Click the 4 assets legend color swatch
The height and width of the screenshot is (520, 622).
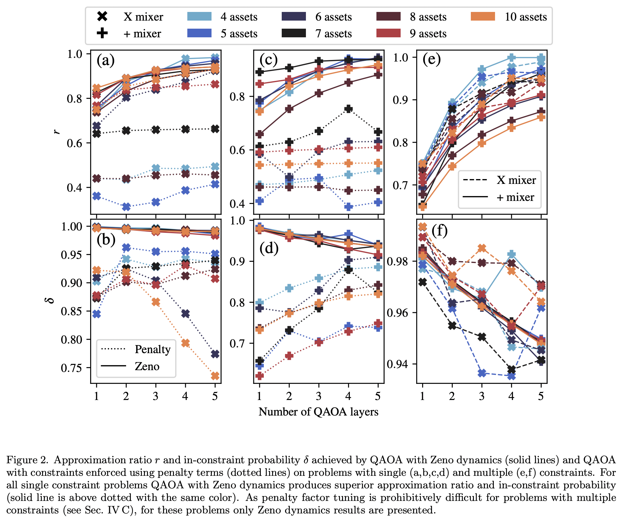click(x=199, y=16)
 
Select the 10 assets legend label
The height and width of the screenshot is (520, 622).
click(x=526, y=17)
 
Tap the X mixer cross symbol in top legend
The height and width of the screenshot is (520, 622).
click(x=102, y=16)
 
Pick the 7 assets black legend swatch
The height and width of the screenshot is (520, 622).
click(x=294, y=33)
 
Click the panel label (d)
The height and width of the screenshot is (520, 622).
click(x=269, y=248)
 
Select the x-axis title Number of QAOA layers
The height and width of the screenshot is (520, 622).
click(x=318, y=412)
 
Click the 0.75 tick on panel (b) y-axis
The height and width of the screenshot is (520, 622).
click(x=71, y=368)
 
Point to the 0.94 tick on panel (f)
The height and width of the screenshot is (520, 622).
click(x=397, y=364)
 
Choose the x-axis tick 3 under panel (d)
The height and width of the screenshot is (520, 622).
click(x=318, y=396)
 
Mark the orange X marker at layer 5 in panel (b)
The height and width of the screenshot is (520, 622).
click(x=215, y=376)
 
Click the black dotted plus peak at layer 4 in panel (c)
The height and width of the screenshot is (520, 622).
click(x=348, y=109)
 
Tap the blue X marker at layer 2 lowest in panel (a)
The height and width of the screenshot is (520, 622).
click(x=126, y=207)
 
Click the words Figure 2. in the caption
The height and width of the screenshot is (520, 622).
click(x=27, y=460)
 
